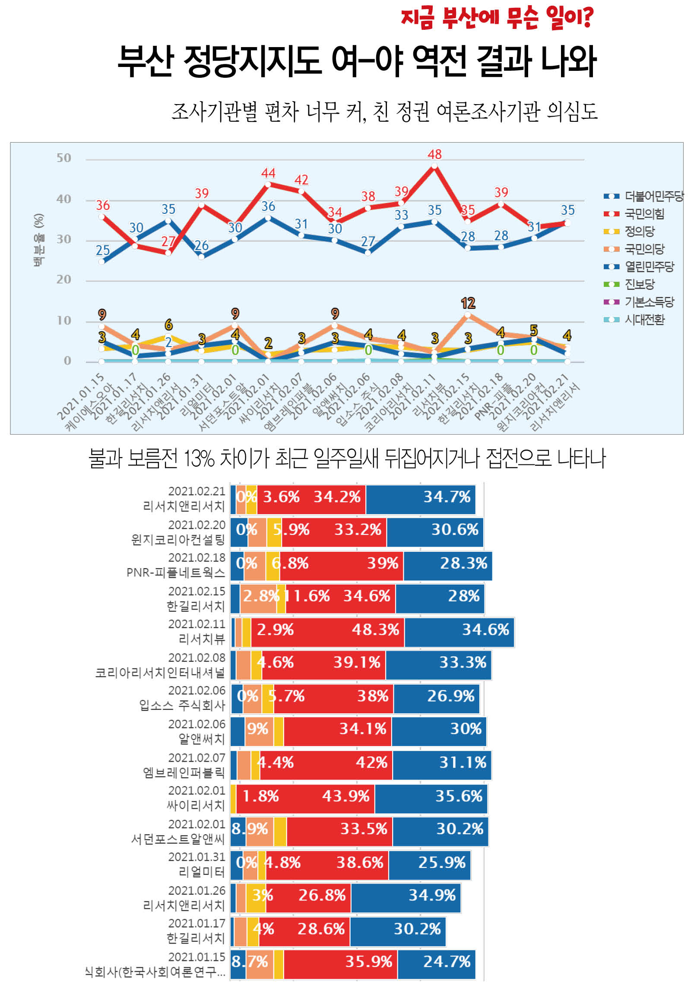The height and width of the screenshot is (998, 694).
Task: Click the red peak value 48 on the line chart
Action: [x=434, y=154]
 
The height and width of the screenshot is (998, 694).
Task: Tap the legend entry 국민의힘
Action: [x=643, y=213]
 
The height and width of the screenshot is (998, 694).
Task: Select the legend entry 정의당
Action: [x=639, y=231]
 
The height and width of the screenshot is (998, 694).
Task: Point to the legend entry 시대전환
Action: [x=644, y=319]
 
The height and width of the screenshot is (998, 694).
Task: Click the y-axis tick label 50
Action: [x=63, y=158]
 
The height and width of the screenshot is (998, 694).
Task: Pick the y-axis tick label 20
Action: [x=63, y=279]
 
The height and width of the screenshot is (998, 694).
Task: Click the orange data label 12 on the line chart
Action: [x=468, y=303]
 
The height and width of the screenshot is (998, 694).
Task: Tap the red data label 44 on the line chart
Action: [x=268, y=173]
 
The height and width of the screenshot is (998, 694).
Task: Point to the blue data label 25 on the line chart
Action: [x=102, y=251]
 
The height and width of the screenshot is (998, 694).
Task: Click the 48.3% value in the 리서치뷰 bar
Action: [x=375, y=629]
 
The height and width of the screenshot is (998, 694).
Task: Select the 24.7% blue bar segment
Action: [x=436, y=961]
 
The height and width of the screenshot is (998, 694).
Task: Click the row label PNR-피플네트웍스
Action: [x=176, y=572]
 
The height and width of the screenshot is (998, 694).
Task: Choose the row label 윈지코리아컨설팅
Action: [x=178, y=540]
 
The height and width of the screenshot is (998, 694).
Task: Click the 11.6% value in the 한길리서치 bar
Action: [x=309, y=596]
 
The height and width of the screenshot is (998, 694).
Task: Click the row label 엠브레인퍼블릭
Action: [x=184, y=772]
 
